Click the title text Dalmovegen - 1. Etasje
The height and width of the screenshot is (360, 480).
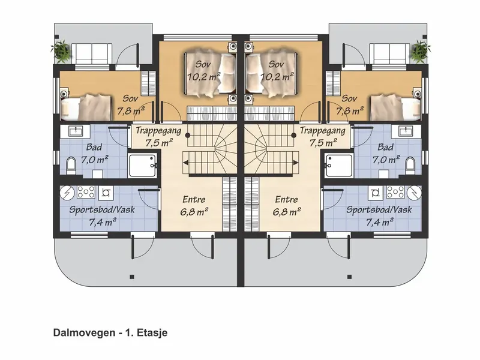pyautogui.click(x=110, y=333)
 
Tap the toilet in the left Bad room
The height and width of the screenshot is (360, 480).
pyautogui.click(x=71, y=166)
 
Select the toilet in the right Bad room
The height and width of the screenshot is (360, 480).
pyautogui.click(x=410, y=166)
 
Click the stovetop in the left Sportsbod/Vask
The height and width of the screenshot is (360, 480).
pyautogui.click(x=86, y=192)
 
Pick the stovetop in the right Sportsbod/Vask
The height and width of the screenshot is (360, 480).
pyautogui.click(x=395, y=192)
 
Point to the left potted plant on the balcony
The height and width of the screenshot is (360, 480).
pyautogui.click(x=62, y=50)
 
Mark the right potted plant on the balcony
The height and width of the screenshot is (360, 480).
pyautogui.click(x=421, y=50)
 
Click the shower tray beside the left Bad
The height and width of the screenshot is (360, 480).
pyautogui.click(x=142, y=166)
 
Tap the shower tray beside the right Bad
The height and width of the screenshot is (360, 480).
pyautogui.click(x=338, y=166)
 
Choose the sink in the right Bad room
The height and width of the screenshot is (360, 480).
pyautogui.click(x=407, y=131)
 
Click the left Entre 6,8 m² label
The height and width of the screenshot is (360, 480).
pyautogui.click(x=194, y=205)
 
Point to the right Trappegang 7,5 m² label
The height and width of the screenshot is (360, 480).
pyautogui.click(x=323, y=136)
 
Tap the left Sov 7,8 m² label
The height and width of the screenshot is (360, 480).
pyautogui.click(x=131, y=104)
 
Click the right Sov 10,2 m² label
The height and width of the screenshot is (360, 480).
pyautogui.click(x=277, y=70)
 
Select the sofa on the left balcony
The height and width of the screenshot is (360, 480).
pyautogui.click(x=91, y=53)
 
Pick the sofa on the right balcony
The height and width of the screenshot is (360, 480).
pyautogui.click(x=389, y=53)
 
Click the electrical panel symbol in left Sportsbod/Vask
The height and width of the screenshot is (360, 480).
pyautogui.click(x=67, y=192)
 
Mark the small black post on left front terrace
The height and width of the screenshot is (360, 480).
pyautogui.click(x=132, y=277)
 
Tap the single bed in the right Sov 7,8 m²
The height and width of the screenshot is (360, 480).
pyautogui.click(x=395, y=107)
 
